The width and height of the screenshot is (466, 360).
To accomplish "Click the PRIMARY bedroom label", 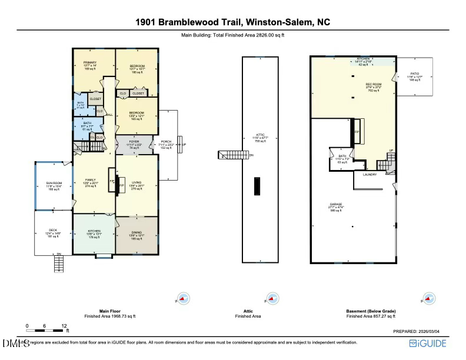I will click(x=90, y=62).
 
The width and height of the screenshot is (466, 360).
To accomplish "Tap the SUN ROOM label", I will click(x=54, y=184).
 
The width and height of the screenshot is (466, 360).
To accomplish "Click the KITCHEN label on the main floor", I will click(x=94, y=231).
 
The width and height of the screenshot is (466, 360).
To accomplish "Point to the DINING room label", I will click(x=136, y=231).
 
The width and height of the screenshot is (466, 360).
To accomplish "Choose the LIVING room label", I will click(x=136, y=184).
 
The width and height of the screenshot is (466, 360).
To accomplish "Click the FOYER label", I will click(x=134, y=142).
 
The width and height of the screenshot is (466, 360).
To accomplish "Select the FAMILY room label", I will click(x=91, y=180).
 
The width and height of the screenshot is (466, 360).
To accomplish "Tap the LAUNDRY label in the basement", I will click(x=370, y=174).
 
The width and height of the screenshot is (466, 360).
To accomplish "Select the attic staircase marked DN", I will click(x=229, y=155).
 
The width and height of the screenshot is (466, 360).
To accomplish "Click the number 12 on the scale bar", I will click(x=64, y=325).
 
